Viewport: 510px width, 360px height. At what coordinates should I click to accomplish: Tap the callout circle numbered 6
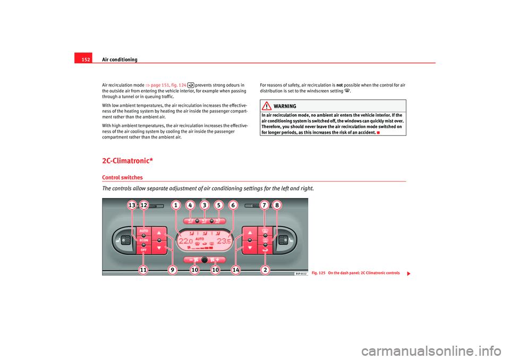coord(232,205)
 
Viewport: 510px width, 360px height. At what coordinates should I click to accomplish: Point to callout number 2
coord(265,270)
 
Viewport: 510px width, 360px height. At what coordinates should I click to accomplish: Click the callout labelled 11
coord(143,270)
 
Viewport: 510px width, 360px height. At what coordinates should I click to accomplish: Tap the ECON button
coord(143,240)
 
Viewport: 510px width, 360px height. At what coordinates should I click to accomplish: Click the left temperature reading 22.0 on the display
coord(186,242)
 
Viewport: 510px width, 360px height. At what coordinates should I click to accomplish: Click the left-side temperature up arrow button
coord(159,233)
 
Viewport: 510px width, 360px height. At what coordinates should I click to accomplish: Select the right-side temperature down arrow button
coord(249,247)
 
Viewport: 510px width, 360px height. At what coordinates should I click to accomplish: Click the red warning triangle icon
coord(267,106)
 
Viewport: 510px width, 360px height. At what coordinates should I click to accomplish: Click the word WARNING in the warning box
coord(285,106)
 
